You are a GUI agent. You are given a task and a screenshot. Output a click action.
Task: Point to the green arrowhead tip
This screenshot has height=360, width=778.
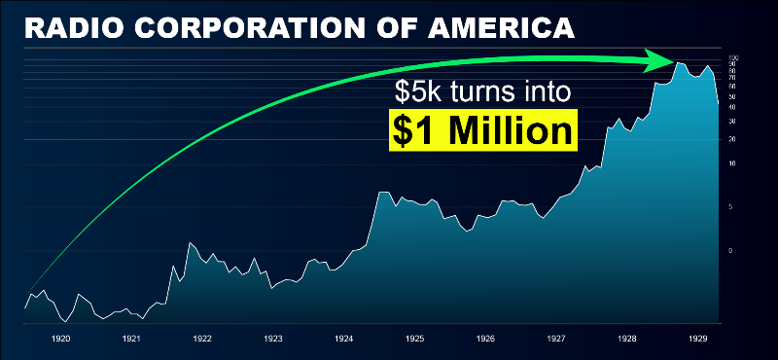tap(677, 62)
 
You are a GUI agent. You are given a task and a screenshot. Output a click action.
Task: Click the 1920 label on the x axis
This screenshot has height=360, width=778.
tap(60, 340)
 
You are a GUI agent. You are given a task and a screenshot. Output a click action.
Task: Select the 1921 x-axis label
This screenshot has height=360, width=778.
tap(131, 340)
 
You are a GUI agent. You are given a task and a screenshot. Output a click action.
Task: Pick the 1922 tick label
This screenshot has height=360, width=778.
tap(202, 340)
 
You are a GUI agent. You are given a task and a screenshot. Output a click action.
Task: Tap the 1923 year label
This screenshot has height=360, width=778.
tap(273, 340)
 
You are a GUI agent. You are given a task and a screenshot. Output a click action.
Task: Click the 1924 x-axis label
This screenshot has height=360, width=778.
tap(344, 340)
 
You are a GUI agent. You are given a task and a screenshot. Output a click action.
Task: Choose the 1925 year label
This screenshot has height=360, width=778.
tap(415, 340)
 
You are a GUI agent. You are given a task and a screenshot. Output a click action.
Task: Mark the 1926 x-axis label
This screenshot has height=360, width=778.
tap(486, 340)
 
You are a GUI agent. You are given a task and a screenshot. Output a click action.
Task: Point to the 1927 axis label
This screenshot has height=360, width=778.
tap(557, 340)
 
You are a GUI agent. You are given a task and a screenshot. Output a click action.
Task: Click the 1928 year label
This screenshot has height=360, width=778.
tap(628, 340)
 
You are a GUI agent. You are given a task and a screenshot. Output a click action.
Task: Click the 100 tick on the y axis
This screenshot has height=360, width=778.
tap(733, 58)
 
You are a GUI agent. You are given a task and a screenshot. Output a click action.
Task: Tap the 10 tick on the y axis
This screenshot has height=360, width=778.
tap(732, 163)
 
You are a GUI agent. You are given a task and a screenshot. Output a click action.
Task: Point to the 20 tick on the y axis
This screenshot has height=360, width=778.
tap(732, 140)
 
